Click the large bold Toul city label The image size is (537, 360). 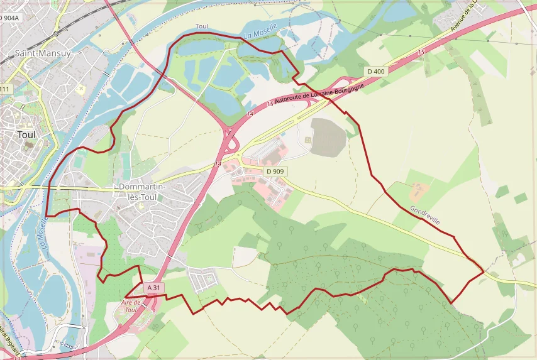click(x=26, y=134)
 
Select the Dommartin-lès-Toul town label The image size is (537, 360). click(x=142, y=192)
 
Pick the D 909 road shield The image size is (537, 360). click(x=275, y=171)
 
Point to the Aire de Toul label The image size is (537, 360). click(x=129, y=306)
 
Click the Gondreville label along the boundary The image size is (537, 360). click(x=424, y=214)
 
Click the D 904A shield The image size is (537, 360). click(x=9, y=18)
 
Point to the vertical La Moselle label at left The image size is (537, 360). click(x=42, y=231)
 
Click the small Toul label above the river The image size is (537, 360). click(x=202, y=26)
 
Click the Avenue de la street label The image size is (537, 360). click(x=465, y=18)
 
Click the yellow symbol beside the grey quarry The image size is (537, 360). click(x=307, y=139)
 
